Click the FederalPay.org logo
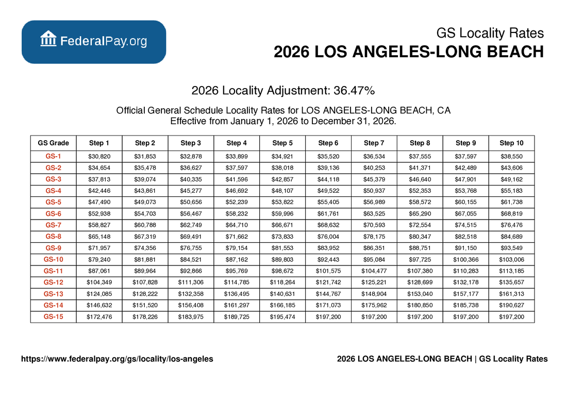[x=93, y=42]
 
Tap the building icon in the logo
[x=48, y=39]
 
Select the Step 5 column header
[x=282, y=143]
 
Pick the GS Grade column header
[x=53, y=143]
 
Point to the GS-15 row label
[x=53, y=316]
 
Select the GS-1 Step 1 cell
[x=99, y=156]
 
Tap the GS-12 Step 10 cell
[x=511, y=282]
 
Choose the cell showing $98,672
[x=282, y=270]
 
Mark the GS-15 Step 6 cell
[x=328, y=316]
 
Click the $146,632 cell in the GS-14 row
[x=99, y=305]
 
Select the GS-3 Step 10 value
[x=511, y=179]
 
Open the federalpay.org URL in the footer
[x=116, y=359]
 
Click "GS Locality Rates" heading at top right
[x=490, y=34]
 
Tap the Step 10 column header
[x=511, y=143]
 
